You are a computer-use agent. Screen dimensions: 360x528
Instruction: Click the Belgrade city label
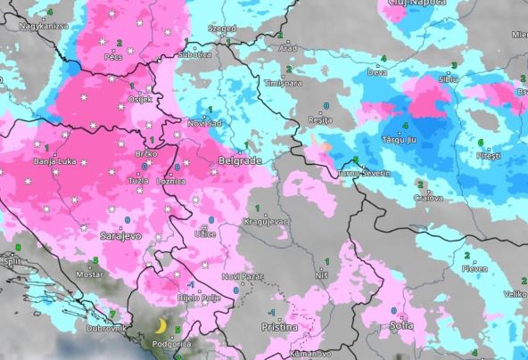[239, 161]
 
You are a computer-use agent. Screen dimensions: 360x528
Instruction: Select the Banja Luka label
[55, 161]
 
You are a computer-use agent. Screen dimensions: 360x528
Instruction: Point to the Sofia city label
[400, 325]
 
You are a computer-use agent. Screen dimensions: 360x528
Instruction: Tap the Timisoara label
[281, 83]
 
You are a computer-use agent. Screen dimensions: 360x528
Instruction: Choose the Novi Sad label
[205, 123]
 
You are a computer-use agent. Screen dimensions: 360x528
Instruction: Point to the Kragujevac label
[263, 221]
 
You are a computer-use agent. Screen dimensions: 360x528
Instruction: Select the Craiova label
[427, 197]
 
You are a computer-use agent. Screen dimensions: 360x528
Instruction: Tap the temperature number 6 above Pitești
[481, 143]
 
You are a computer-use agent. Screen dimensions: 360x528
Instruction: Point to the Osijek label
[142, 99]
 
